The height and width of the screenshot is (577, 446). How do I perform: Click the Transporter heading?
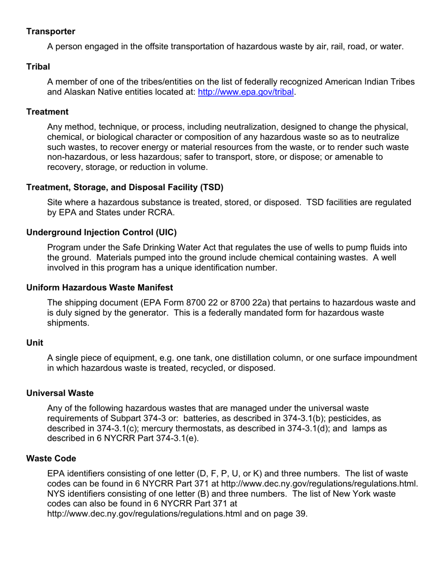(x=51, y=31)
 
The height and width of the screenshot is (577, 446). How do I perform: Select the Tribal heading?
(x=38, y=67)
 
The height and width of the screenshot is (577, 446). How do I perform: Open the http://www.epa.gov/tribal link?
(x=246, y=92)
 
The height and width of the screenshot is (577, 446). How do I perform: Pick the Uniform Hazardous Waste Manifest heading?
(x=100, y=288)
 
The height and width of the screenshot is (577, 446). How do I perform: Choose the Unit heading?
(x=35, y=343)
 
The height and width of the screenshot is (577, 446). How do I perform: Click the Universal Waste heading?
(x=60, y=393)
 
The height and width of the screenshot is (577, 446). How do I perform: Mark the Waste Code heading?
(x=51, y=458)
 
